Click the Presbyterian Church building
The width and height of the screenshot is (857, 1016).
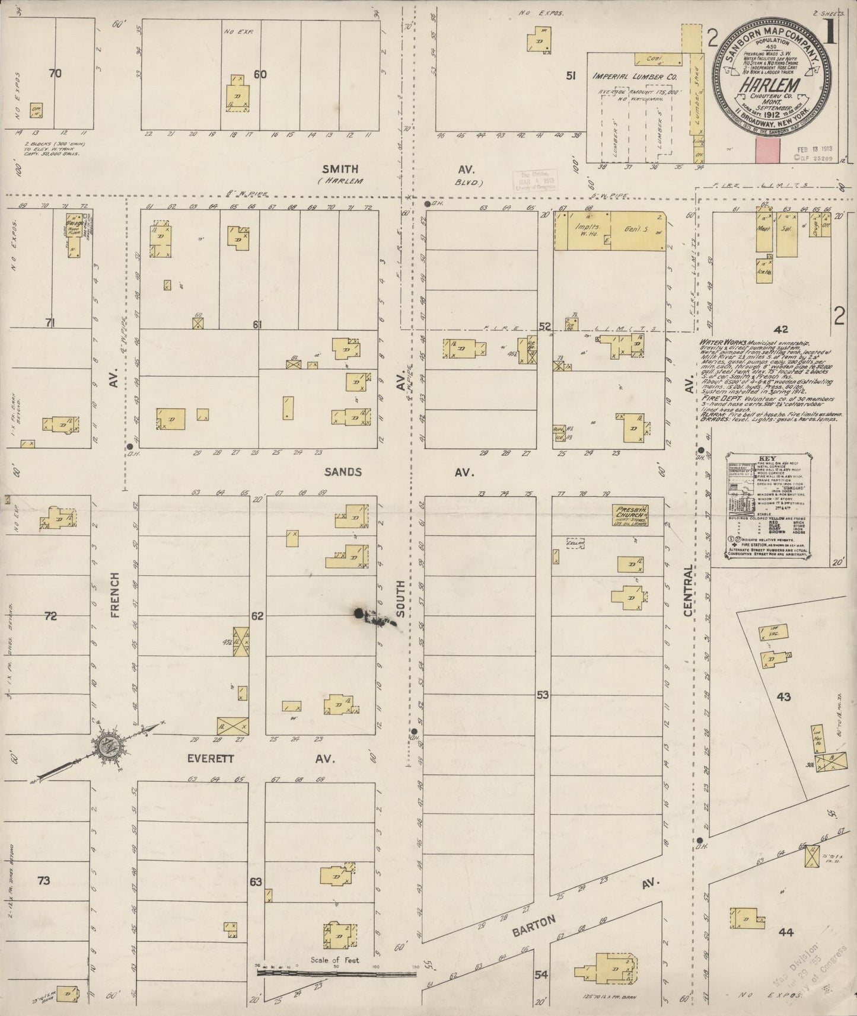(632, 515)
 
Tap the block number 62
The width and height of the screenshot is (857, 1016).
(256, 616)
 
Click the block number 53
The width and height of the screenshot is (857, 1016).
(543, 694)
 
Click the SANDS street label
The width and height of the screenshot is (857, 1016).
(343, 472)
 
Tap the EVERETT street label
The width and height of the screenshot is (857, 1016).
(211, 758)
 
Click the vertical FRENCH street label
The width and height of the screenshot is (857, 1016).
(114, 595)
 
